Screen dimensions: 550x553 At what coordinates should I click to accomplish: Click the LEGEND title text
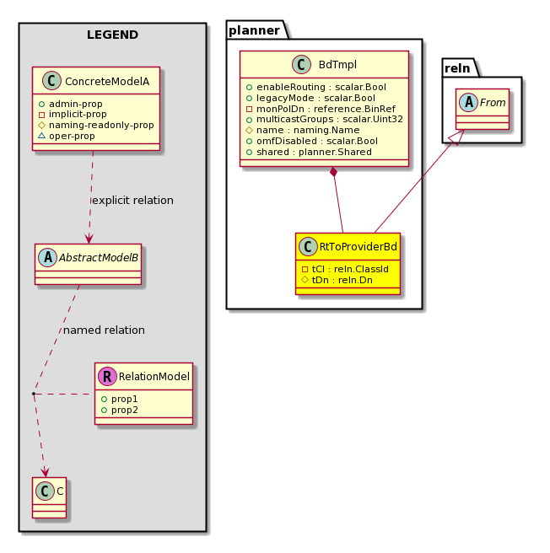click(x=112, y=35)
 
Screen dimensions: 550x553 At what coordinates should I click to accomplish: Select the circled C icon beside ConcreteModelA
click(x=51, y=81)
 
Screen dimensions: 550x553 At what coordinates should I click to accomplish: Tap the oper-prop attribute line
click(x=67, y=136)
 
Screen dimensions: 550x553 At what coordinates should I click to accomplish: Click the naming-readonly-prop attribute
click(x=96, y=125)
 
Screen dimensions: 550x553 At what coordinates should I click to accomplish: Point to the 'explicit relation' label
click(x=132, y=201)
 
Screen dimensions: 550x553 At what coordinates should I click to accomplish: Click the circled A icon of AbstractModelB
click(x=47, y=257)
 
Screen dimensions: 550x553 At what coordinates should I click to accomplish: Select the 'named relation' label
click(x=104, y=330)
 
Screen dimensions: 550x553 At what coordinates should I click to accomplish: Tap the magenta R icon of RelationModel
click(x=107, y=376)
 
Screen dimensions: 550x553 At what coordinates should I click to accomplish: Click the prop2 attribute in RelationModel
click(x=119, y=411)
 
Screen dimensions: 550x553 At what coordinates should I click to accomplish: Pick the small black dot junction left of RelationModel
click(x=34, y=393)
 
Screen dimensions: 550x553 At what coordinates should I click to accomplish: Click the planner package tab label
click(x=254, y=30)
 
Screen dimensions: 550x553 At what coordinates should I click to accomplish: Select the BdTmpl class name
click(x=337, y=65)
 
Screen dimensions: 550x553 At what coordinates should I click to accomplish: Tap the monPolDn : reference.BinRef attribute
click(x=321, y=109)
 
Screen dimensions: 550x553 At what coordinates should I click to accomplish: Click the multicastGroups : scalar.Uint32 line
click(x=325, y=119)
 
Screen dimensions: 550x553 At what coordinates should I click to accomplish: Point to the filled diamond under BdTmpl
click(x=333, y=173)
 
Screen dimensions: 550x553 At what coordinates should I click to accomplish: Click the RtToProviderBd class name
click(x=359, y=246)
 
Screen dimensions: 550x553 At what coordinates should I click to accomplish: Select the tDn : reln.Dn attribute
click(x=337, y=280)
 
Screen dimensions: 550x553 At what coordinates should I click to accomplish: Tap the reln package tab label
click(x=457, y=68)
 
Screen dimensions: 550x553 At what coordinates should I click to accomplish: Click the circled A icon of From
click(x=468, y=102)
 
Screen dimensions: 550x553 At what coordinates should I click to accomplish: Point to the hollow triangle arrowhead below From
click(x=458, y=137)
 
